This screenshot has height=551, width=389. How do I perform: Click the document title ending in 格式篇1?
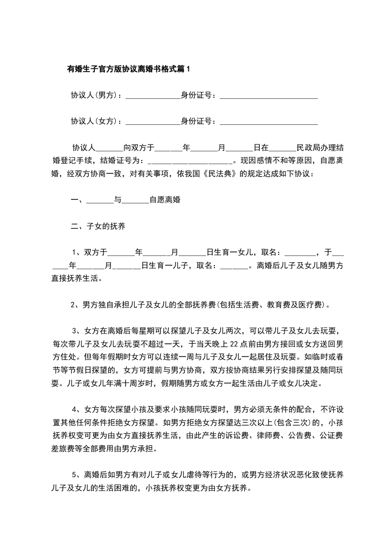click(x=128, y=69)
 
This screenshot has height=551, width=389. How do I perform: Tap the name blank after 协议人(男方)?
click(x=153, y=96)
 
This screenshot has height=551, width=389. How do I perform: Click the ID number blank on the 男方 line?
click(x=268, y=96)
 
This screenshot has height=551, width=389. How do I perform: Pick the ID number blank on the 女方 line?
click(x=268, y=122)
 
